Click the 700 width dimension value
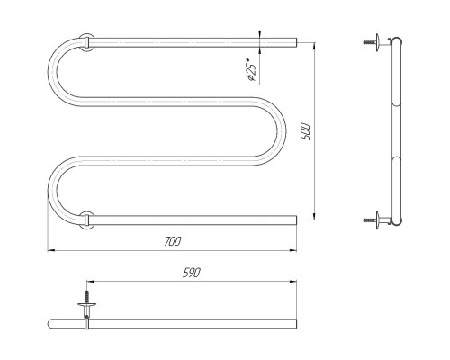click(173, 241)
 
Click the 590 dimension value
click(192, 273)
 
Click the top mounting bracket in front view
click(86, 42)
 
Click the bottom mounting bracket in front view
click(86, 220)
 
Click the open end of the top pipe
click(296, 42)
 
